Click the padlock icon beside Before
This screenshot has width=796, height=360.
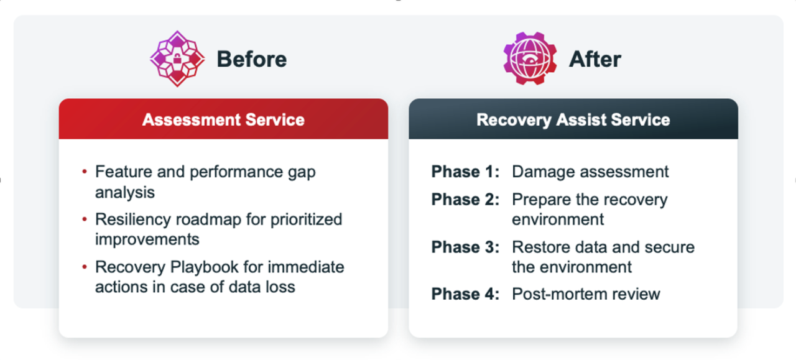click(177, 59)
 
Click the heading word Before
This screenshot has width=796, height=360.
click(251, 60)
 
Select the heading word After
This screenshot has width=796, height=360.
click(595, 60)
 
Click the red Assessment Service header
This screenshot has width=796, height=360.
click(223, 119)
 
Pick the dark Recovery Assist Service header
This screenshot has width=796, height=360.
click(573, 119)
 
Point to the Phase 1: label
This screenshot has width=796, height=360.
click(465, 172)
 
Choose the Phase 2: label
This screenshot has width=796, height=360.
click(465, 200)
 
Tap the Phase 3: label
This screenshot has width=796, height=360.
click(465, 247)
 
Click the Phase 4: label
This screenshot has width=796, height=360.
click(465, 294)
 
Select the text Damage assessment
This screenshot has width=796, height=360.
click(590, 172)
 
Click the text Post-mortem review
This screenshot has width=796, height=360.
click(586, 294)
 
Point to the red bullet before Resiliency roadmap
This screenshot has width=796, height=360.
click(85, 220)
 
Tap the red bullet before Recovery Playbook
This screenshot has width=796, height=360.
click(85, 267)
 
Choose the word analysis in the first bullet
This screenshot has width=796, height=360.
click(124, 192)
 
